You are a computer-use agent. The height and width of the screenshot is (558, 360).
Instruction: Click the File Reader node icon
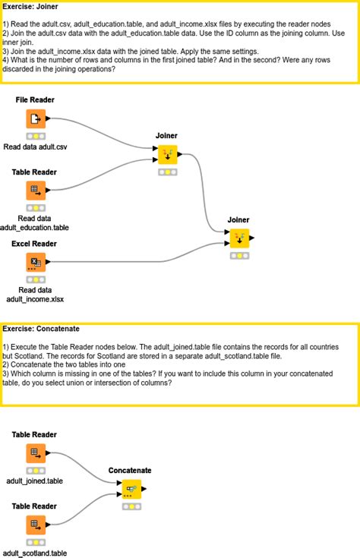point(35,119)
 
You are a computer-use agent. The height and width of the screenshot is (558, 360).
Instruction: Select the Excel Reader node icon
point(35,263)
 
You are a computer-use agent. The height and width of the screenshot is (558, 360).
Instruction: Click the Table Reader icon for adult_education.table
point(35,191)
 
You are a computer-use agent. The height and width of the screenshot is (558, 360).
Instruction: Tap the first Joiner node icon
point(167,155)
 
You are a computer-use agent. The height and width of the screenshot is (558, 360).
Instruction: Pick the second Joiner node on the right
point(239,238)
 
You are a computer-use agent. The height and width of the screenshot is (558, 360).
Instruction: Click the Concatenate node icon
point(131,490)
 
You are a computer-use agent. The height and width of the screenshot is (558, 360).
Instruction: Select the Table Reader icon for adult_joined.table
point(35,454)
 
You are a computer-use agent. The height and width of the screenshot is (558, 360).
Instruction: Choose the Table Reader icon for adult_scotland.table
point(35,525)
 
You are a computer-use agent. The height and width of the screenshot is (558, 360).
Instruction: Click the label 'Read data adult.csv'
point(35,147)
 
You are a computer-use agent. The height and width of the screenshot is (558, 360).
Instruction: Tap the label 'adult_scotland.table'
point(35,553)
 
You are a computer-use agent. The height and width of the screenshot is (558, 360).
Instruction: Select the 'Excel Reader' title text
point(35,244)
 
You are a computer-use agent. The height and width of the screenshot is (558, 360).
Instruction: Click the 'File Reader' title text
point(35,100)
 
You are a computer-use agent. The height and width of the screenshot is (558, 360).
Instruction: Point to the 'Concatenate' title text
point(130,471)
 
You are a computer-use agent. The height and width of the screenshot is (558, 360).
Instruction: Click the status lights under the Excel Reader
point(35,279)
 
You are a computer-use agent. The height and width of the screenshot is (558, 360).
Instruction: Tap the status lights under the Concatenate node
point(131,506)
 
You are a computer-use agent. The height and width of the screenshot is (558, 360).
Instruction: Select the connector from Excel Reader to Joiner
point(137,262)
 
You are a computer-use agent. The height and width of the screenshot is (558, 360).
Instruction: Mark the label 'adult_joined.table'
point(35,481)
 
